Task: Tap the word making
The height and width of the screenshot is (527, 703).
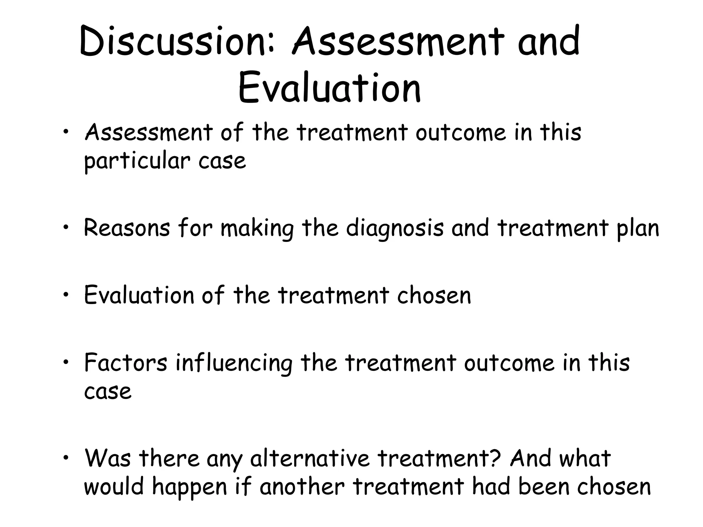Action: [x=257, y=228]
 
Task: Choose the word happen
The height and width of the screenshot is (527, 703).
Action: [x=189, y=487]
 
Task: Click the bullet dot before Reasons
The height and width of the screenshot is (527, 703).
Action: [x=66, y=227]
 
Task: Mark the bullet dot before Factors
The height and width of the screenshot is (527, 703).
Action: [x=66, y=362]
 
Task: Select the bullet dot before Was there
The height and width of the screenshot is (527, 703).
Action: [x=66, y=457]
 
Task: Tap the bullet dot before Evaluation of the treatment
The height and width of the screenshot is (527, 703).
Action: [x=66, y=294]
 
